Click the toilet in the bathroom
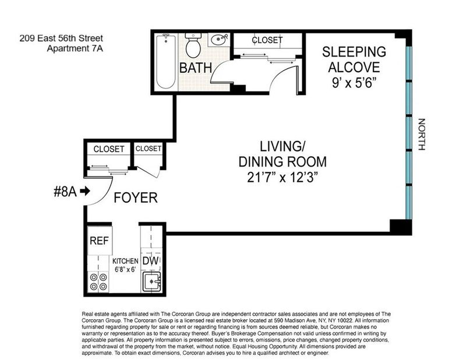pyautogui.click(x=193, y=45)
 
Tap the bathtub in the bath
pyautogui.click(x=166, y=61)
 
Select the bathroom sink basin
pyautogui.click(x=218, y=40)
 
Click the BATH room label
pyautogui.click(x=196, y=68)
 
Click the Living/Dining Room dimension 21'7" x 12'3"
pyautogui.click(x=283, y=178)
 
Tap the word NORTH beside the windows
pyautogui.click(x=421, y=135)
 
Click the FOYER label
pyautogui.click(x=136, y=198)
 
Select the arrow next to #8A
pyautogui.click(x=85, y=191)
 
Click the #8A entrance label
pyautogui.click(x=65, y=192)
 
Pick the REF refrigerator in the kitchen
pyautogui.click(x=100, y=241)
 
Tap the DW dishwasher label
pyautogui.click(x=151, y=261)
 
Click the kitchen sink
pyautogui.click(x=152, y=281)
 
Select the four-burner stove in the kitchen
pyautogui.click(x=98, y=282)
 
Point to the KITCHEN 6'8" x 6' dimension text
pyautogui.click(x=125, y=265)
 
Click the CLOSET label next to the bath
pyautogui.click(x=267, y=40)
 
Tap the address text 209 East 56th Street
pyautogui.click(x=61, y=38)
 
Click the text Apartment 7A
pyautogui.click(x=75, y=48)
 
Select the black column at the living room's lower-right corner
pyautogui.click(x=401, y=227)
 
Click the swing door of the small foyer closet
pyautogui.click(x=148, y=172)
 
